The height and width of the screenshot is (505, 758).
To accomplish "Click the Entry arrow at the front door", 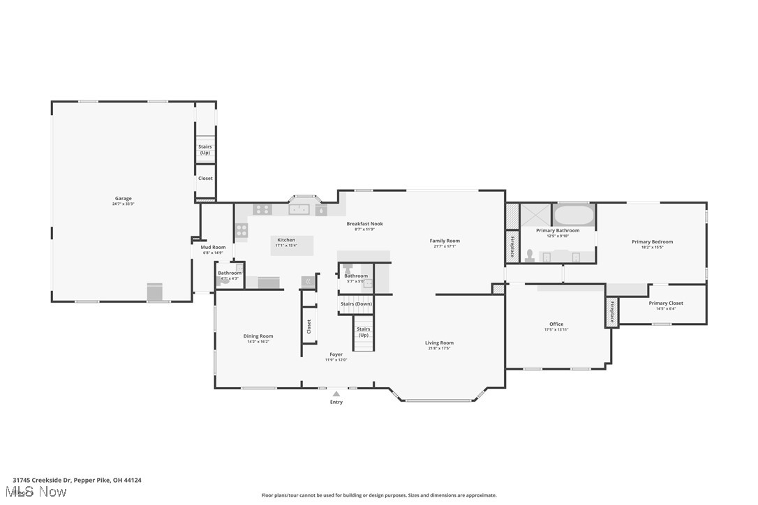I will (336, 394).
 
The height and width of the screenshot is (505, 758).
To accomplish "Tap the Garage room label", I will (123, 198).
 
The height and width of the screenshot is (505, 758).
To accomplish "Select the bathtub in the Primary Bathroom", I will (574, 214).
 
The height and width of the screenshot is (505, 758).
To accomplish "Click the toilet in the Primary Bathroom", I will (530, 255).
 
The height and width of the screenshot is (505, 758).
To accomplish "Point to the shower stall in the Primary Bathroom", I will (535, 214).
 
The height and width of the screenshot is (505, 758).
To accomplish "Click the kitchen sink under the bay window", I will (299, 209).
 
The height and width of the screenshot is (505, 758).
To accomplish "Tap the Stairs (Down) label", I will (356, 304).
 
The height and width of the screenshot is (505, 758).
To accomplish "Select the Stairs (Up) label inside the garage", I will (205, 149).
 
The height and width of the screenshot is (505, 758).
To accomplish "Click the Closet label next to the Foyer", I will (309, 326).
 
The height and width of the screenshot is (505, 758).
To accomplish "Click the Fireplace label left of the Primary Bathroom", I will (512, 247).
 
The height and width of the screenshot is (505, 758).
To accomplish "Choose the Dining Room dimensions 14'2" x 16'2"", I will (258, 342).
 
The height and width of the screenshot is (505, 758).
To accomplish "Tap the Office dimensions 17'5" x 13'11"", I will (556, 329).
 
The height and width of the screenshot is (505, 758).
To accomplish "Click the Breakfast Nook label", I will (364, 224).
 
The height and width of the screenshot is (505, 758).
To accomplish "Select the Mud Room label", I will (213, 247).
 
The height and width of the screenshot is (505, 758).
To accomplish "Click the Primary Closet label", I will (665, 303).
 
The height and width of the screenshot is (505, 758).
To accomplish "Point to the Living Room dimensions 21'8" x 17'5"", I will (439, 348).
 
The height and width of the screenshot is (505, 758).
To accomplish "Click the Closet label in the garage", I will (205, 179).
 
